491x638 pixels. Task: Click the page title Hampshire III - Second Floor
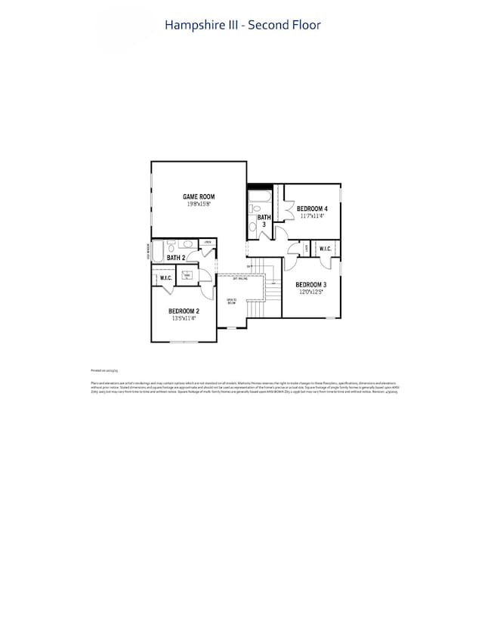[242, 25]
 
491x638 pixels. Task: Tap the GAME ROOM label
[199, 197]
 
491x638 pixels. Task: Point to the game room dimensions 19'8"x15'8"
[199, 204]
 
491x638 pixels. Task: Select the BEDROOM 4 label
[311, 209]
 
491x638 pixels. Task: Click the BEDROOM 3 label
[310, 285]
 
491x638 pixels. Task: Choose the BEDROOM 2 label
[184, 311]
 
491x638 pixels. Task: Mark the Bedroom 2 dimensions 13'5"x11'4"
[184, 319]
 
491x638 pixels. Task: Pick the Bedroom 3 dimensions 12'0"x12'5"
[310, 293]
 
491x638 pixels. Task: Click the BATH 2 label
[177, 259]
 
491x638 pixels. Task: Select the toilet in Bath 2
[172, 246]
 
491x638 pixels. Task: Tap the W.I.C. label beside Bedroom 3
[326, 249]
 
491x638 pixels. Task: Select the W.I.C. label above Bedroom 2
[166, 278]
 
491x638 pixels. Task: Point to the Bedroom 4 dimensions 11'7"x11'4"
[311, 216]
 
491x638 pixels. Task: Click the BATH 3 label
[261, 221]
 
